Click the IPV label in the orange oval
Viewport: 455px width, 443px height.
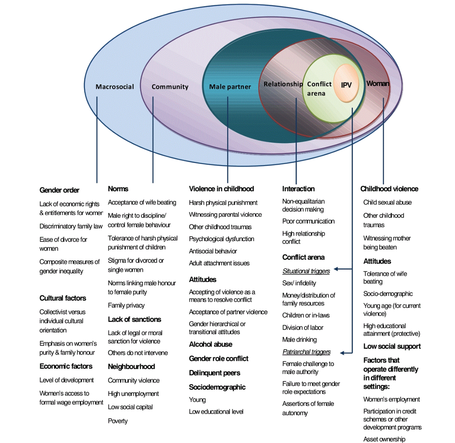click(346, 85)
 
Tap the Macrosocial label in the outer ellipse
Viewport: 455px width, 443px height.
click(115, 87)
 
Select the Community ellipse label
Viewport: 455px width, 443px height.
click(170, 87)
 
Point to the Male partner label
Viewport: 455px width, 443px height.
click(230, 87)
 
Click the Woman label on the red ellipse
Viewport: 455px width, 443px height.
click(378, 83)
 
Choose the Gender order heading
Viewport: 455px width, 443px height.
click(59, 190)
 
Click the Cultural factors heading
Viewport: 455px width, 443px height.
click(63, 298)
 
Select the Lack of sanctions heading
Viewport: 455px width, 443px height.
click(134, 319)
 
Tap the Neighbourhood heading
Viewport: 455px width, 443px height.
click(131, 366)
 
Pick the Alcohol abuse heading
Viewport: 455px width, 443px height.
click(210, 344)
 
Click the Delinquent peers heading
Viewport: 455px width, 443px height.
click(214, 373)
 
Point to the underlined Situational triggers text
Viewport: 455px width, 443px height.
click(306, 271)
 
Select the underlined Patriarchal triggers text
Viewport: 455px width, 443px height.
click(306, 352)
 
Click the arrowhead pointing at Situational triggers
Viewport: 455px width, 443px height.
click(336, 269)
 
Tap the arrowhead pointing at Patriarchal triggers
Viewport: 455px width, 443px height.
click(342, 353)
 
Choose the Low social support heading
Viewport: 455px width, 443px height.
click(392, 346)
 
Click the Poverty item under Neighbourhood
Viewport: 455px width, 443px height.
click(118, 421)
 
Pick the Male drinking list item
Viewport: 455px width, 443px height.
click(299, 340)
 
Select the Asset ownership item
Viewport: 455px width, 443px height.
click(384, 439)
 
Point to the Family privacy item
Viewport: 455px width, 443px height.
click(126, 305)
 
